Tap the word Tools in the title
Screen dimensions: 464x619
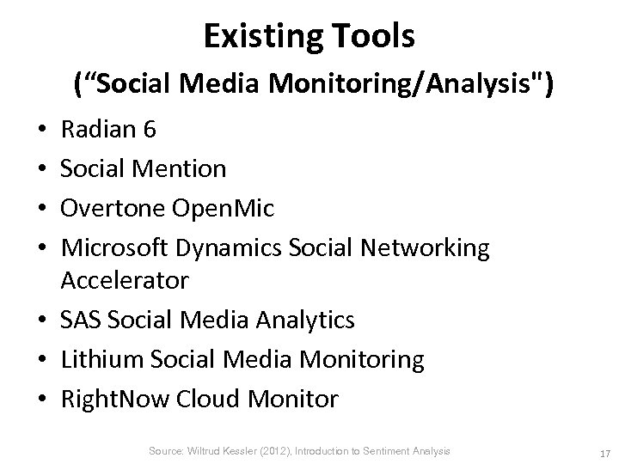click(x=372, y=36)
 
